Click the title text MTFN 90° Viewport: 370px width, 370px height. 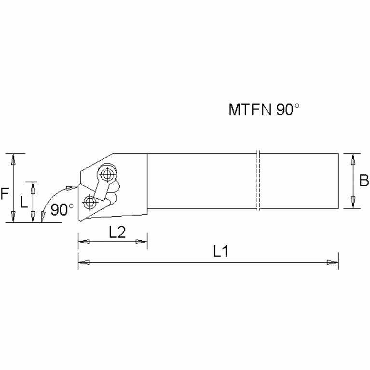tap(264, 110)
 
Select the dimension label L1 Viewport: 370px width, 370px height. tap(220, 252)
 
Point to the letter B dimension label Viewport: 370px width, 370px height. tap(364, 181)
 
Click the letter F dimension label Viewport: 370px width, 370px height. tap(4, 194)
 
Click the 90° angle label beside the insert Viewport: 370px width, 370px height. tap(62, 210)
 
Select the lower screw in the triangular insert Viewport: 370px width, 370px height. tap(89, 202)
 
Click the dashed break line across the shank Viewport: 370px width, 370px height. tap(258, 181)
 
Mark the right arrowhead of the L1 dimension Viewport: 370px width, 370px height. tap(332, 262)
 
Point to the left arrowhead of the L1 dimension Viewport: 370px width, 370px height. tap(83, 262)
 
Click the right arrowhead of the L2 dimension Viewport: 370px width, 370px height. tap(141, 242)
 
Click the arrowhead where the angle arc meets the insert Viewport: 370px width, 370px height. tap(72, 188)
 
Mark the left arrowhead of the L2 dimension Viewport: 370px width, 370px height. tap(83, 242)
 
